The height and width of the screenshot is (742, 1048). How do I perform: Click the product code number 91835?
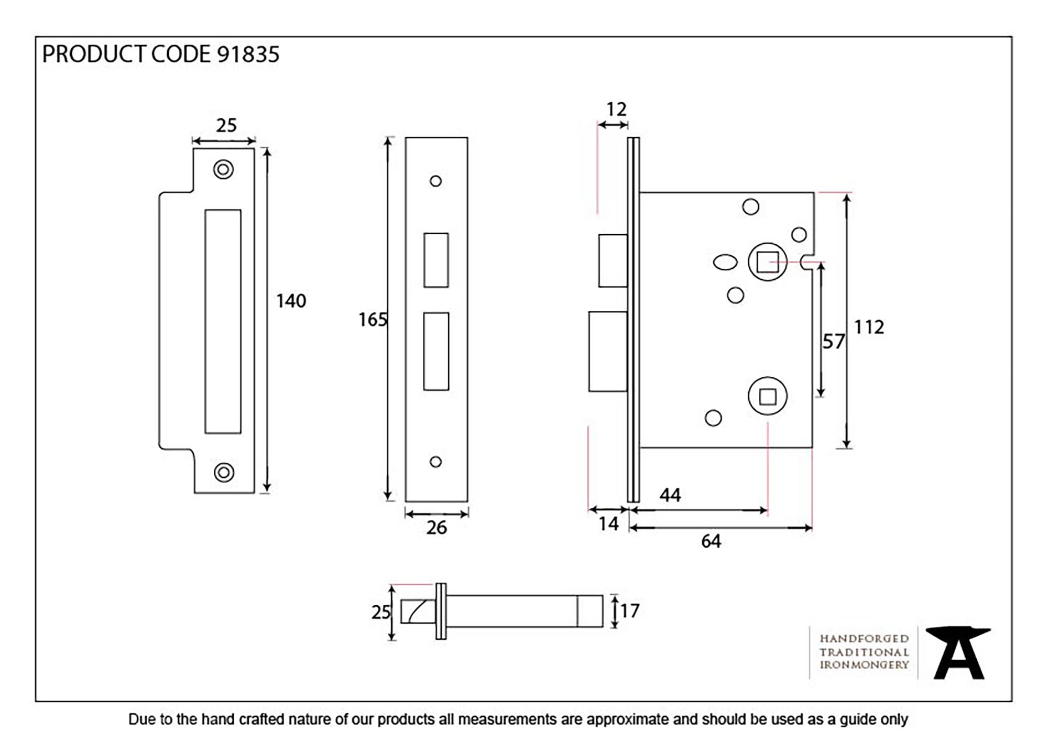[x=248, y=54]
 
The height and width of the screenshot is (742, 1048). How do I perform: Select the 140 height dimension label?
[x=291, y=301]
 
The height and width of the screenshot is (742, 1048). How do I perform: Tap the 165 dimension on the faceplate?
[x=372, y=320]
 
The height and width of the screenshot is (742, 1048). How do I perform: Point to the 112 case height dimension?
[x=869, y=328]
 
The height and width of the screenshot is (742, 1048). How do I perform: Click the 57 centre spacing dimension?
[x=833, y=342]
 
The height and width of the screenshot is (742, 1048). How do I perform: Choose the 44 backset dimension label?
[x=670, y=495]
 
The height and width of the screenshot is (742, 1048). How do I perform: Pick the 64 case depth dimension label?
[x=711, y=541]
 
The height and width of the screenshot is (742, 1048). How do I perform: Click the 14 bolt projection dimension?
[x=608, y=524]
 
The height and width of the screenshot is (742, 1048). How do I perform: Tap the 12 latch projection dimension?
[x=616, y=110]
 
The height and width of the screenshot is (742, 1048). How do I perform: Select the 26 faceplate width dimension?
[x=436, y=528]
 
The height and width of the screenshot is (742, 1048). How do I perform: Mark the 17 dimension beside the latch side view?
[x=630, y=611]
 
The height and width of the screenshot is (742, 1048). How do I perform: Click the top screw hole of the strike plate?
[x=223, y=169]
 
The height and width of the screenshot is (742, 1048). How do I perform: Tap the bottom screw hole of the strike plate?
[x=224, y=472]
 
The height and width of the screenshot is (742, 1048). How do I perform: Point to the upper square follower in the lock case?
[x=768, y=262]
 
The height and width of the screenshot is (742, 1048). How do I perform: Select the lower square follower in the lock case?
[x=768, y=397]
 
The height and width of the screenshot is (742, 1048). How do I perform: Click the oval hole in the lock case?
[x=725, y=262]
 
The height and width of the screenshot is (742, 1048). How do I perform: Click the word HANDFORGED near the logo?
[x=864, y=639]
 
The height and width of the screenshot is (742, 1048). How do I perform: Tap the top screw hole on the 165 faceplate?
[x=435, y=181]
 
